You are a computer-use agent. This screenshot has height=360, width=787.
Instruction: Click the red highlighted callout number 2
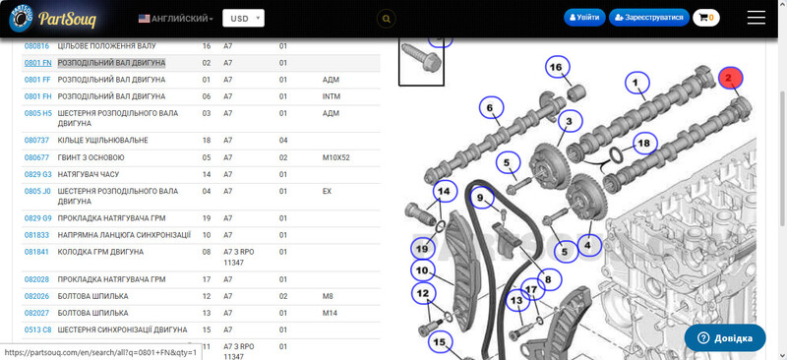click(731, 78)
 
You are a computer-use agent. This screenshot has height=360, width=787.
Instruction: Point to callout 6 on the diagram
click(490, 107)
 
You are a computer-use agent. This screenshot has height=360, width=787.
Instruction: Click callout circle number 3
click(570, 122)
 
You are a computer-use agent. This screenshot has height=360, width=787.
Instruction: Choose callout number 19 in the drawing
click(422, 249)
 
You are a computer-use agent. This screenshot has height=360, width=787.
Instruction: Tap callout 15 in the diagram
click(440, 343)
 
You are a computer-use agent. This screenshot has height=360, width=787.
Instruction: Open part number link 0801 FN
click(38, 63)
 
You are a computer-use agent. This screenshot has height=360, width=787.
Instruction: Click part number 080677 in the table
click(36, 157)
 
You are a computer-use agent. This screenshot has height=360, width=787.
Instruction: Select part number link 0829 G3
click(38, 174)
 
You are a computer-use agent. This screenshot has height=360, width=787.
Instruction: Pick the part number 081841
click(36, 252)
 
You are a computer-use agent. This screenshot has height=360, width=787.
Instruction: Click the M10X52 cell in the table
click(335, 157)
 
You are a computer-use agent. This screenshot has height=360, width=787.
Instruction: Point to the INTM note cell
click(332, 96)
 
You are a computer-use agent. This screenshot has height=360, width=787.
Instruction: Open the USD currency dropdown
click(243, 19)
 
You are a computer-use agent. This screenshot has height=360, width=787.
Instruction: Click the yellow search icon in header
click(386, 19)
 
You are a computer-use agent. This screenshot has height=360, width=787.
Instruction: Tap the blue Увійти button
click(584, 18)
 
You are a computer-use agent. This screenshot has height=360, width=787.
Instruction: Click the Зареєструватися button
click(648, 18)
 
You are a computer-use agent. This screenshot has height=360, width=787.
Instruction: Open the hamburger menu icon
click(756, 18)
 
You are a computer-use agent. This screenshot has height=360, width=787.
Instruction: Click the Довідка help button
click(725, 337)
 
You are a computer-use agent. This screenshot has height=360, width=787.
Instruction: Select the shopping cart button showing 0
click(706, 18)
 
